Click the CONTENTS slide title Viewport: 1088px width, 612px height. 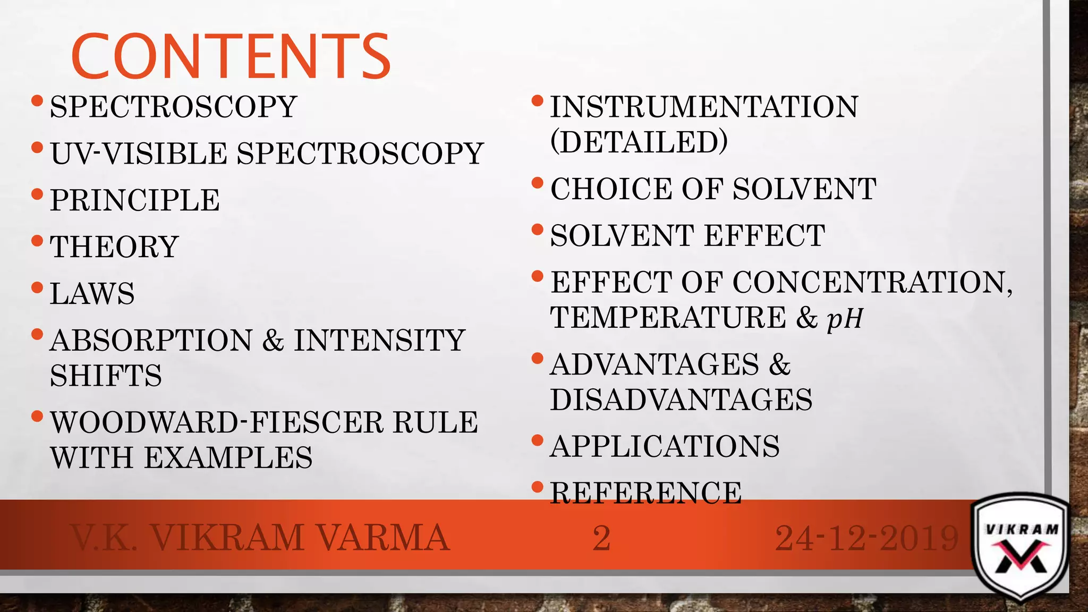pos(231,56)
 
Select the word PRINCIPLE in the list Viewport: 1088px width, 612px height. pos(135,200)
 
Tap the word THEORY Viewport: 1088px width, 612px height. pos(114,247)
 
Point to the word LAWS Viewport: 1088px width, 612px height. pos(92,294)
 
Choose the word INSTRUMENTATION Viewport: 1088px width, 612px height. pos(704,107)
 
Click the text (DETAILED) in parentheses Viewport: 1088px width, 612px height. pos(639,142)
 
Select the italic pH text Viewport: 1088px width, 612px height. pos(845,318)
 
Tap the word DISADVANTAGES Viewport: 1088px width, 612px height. pos(681,400)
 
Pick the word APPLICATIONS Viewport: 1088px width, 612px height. pos(665,446)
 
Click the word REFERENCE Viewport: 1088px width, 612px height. pos(646,493)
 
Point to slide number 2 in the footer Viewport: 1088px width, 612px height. pos(601,538)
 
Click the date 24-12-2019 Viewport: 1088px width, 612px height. pos(867,538)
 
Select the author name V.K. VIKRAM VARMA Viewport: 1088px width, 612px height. pos(260,538)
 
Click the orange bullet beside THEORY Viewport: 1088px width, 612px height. pos(37,241)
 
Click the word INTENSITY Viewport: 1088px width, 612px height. pos(380,341)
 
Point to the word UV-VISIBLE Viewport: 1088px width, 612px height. pos(139,154)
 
